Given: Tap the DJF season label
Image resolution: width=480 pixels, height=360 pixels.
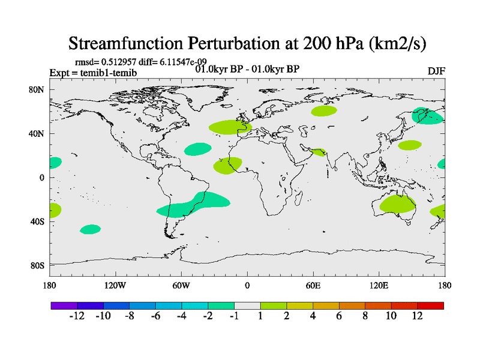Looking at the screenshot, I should (x=436, y=71).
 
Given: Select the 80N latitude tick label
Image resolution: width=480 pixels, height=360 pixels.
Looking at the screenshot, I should (x=37, y=89).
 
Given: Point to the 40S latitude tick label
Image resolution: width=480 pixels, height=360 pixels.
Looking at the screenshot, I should (x=38, y=221).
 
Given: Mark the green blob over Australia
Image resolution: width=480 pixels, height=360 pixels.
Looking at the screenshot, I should (x=398, y=204).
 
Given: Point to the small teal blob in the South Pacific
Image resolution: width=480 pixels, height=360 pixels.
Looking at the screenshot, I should (x=91, y=229).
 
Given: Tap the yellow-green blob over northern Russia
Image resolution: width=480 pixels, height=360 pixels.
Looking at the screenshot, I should (x=324, y=110).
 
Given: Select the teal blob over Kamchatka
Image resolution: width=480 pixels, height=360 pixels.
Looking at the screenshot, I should (x=428, y=115).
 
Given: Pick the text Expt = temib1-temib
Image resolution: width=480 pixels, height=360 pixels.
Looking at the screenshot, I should (x=92, y=73).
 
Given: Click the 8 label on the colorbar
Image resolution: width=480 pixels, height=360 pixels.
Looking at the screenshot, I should (x=365, y=316).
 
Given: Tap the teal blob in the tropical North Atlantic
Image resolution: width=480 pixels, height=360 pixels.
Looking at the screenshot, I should (x=197, y=149).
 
